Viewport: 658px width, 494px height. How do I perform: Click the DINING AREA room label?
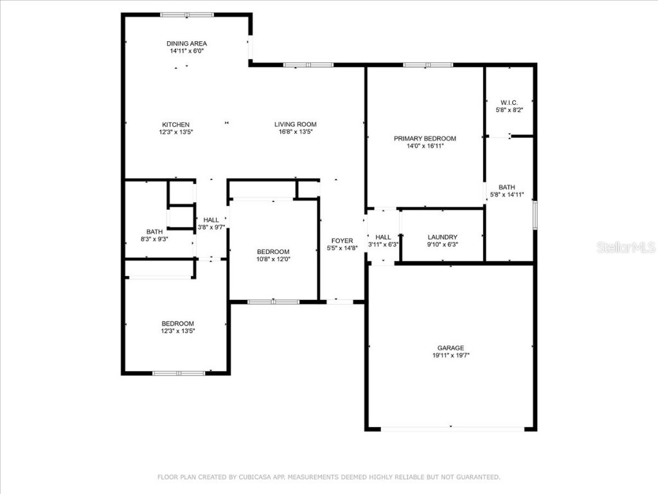point(186,44)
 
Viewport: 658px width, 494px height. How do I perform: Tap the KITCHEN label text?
point(175,124)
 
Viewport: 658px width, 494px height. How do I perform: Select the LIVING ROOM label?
point(295,124)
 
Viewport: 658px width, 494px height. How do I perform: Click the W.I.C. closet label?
point(509,103)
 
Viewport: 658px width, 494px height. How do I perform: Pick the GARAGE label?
point(450,348)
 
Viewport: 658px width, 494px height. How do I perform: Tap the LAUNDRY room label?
point(442,237)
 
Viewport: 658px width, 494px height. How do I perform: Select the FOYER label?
point(342,241)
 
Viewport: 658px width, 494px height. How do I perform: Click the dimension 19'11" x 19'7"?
point(450,356)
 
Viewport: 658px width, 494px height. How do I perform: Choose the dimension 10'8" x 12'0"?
point(273,259)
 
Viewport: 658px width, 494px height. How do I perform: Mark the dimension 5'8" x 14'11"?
point(506,195)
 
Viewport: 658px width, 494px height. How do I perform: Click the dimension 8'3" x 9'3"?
point(154,239)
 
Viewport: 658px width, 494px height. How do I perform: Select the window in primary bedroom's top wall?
point(428,65)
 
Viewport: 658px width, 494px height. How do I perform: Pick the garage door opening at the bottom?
point(450,428)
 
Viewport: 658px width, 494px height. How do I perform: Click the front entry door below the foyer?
point(339,301)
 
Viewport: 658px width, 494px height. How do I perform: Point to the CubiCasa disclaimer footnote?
point(329,477)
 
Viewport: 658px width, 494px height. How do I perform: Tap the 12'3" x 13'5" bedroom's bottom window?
point(179,372)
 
